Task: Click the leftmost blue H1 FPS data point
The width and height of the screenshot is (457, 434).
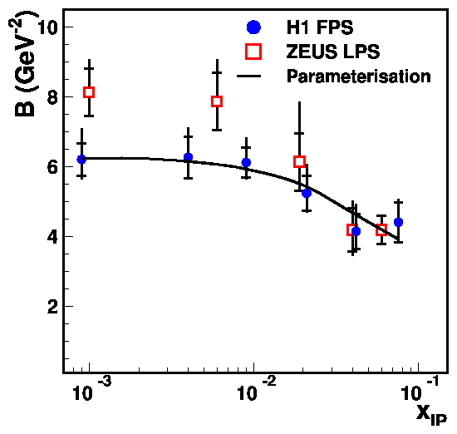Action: pyautogui.click(x=81, y=159)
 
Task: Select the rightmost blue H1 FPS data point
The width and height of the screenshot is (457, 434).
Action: pyautogui.click(x=398, y=222)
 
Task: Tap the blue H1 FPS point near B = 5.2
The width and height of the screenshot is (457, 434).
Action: pyautogui.click(x=307, y=193)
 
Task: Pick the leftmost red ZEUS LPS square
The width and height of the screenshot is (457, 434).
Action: pyautogui.click(x=89, y=92)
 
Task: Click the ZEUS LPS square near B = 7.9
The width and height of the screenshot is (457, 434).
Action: pyautogui.click(x=217, y=101)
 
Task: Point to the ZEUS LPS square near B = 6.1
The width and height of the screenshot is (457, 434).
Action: pyautogui.click(x=299, y=161)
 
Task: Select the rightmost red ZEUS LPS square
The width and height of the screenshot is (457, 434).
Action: pyautogui.click(x=381, y=229)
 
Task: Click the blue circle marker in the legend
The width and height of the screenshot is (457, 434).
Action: pyautogui.click(x=254, y=27)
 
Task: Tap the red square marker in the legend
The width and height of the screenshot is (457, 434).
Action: pyautogui.click(x=254, y=52)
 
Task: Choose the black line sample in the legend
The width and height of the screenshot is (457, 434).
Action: pyautogui.click(x=254, y=76)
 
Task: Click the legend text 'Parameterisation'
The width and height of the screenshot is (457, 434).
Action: pyautogui.click(x=358, y=77)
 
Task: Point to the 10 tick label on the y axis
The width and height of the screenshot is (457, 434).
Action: pyautogui.click(x=46, y=27)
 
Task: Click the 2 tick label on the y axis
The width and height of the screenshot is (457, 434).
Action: pyautogui.click(x=52, y=306)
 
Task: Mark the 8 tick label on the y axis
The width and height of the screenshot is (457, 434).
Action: pyautogui.click(x=52, y=97)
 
